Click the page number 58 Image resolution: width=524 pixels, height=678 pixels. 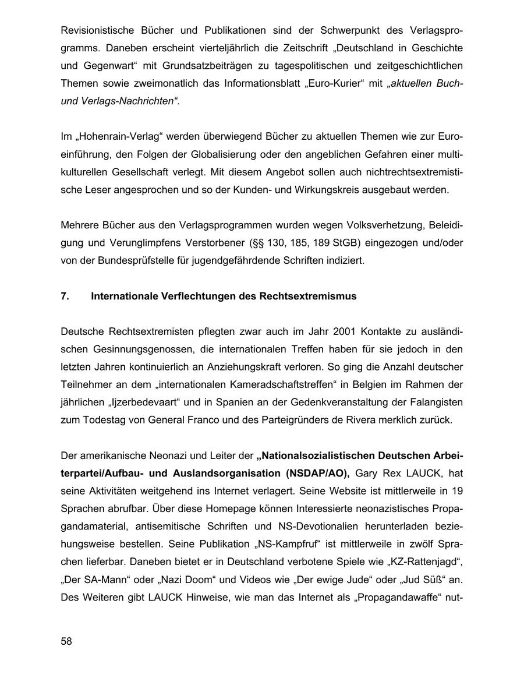click(x=66, y=641)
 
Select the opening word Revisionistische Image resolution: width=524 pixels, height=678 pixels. click(x=97, y=30)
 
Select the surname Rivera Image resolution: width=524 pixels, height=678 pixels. click(x=363, y=420)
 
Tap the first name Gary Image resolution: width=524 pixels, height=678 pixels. click(x=366, y=474)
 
